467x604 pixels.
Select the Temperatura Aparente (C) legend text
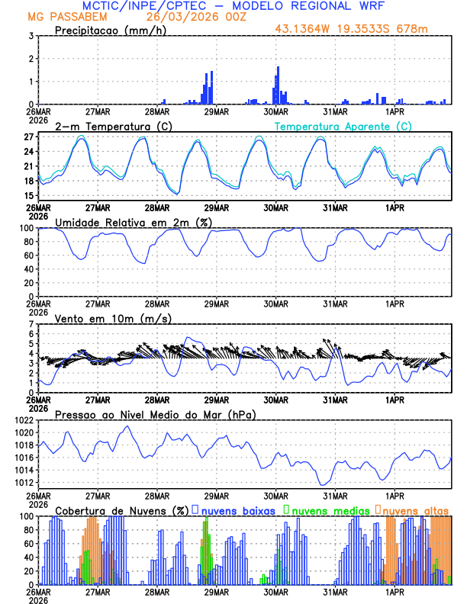pos(343,126)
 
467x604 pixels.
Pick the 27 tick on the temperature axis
pos(31,137)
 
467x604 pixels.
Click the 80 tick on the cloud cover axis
pos(29,529)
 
